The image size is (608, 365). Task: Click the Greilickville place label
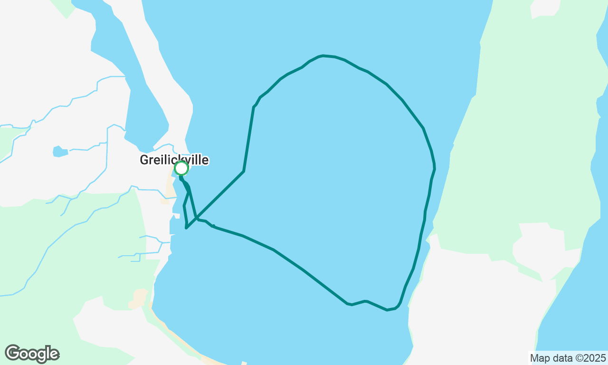click(x=174, y=160)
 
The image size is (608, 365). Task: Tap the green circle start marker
click(x=181, y=168)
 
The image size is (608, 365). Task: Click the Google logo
click(x=32, y=354)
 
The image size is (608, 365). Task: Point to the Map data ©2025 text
click(x=568, y=358)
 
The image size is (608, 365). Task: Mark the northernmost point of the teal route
click(x=323, y=56)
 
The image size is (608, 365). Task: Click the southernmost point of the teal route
click(x=388, y=310)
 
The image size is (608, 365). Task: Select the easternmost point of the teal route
click(x=435, y=167)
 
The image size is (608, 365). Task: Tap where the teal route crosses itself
click(x=196, y=219)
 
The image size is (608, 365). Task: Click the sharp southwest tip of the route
click(x=186, y=228)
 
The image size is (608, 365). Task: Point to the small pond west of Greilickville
click(x=60, y=152)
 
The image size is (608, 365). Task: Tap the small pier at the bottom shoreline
click(x=244, y=363)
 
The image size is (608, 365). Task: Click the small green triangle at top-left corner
click(x=65, y=8)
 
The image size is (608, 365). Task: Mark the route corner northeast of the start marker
click(x=244, y=171)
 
